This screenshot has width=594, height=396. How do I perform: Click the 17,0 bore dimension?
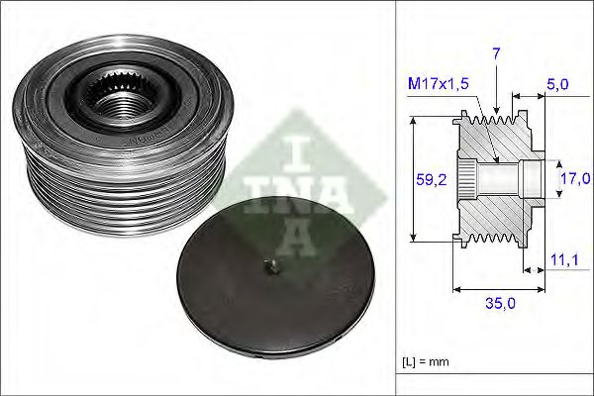[x=574, y=179]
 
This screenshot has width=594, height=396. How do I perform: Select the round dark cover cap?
[x=267, y=287]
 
